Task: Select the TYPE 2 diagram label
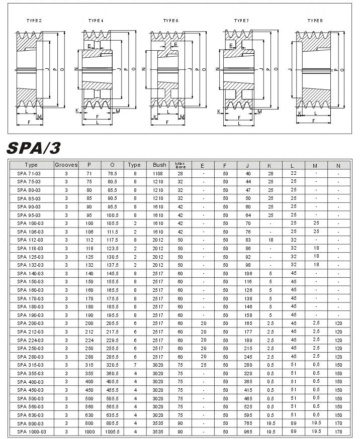point(34,20)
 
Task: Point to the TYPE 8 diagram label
point(315,20)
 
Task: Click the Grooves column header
point(66,165)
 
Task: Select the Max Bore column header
point(180,165)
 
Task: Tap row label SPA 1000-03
point(31,431)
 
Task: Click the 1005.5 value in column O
point(113,431)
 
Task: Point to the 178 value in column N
point(338,431)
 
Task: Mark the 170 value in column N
point(338,423)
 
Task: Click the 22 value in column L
point(294,173)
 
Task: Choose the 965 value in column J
point(248,431)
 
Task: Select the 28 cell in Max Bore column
point(180,173)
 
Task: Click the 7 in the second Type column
point(135,365)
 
